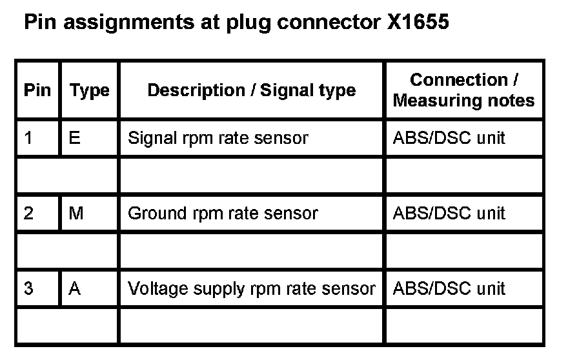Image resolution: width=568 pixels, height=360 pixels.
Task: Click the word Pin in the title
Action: coord(38,23)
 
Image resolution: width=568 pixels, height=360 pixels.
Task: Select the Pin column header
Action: coord(37,90)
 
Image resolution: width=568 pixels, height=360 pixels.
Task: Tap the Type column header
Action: coord(89,90)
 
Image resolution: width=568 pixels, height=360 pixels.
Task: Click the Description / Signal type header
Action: coord(252,90)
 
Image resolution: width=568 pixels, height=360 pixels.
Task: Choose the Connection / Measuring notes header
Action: coord(463,90)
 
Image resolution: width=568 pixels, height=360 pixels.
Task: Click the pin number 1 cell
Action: coord(28,137)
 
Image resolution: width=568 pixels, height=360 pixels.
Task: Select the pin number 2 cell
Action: coord(28,213)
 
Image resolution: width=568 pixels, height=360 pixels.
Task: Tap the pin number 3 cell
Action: coord(28,288)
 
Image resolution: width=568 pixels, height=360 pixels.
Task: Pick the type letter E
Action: coord(74,137)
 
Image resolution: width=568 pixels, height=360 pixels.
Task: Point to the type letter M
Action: coord(76,213)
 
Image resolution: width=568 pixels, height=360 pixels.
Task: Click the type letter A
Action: coord(75,288)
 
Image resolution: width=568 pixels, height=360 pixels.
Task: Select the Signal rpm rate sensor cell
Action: coord(218,137)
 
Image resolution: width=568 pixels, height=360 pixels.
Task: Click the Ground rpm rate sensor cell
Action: coord(223,213)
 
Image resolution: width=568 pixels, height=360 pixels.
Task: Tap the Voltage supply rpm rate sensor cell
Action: coord(251,288)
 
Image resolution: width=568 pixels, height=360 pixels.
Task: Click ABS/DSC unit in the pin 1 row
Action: coord(449,137)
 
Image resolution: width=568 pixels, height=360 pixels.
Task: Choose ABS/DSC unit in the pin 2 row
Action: coord(449,213)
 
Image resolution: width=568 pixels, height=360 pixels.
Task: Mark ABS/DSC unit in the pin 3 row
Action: coord(449,288)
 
